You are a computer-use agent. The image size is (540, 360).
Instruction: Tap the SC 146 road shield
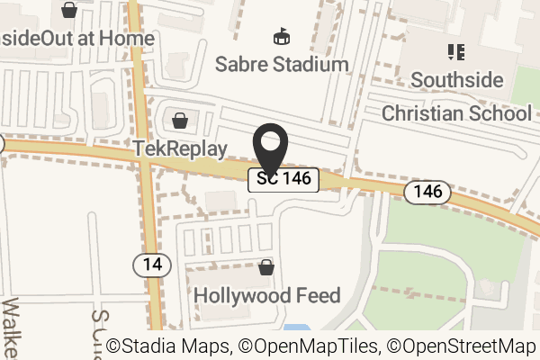[x=284, y=179]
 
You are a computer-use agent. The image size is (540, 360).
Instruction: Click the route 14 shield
[x=151, y=265]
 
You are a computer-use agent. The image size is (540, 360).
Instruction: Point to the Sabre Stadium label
[x=282, y=65]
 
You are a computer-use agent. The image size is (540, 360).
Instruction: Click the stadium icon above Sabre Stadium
[x=282, y=38]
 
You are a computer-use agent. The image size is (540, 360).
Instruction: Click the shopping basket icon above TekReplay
[x=180, y=121]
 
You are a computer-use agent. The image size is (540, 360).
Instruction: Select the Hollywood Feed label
[x=267, y=295]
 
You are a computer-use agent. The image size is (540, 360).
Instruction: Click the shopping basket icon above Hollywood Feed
[x=265, y=267]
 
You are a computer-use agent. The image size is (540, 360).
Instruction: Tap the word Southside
[x=456, y=80]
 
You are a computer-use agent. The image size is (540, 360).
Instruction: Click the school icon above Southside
[x=455, y=52]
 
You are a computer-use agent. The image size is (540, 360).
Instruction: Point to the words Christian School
[x=456, y=113]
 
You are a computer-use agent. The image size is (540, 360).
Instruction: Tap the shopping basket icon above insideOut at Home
[x=69, y=11]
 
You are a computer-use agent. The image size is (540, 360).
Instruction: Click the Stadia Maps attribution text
[x=168, y=346]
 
